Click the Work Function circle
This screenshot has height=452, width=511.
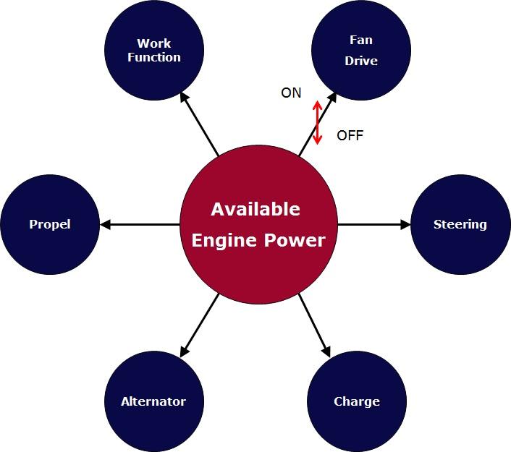tap(153, 51)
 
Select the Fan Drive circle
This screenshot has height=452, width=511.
tap(360, 51)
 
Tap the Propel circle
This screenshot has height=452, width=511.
tap(49, 224)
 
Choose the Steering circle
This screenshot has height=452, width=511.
tap(460, 224)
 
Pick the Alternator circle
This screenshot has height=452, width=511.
tap(153, 401)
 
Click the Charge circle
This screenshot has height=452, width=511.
tap(356, 401)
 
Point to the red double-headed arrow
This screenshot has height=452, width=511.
tap(316, 121)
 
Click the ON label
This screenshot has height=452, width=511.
tap(291, 93)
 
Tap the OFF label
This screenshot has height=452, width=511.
tap(350, 135)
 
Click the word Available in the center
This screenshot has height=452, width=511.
tap(255, 210)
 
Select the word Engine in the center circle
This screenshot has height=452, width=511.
tap(224, 240)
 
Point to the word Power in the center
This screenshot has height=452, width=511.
tap(295, 240)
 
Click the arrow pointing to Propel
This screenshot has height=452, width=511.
tap(140, 225)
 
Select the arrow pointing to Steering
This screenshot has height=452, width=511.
tap(373, 225)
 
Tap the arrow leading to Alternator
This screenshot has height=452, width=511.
tap(199, 325)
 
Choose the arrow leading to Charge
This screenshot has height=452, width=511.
tap(314, 325)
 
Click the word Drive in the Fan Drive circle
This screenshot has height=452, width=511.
tap(361, 61)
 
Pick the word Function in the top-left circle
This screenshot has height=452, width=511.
tap(154, 57)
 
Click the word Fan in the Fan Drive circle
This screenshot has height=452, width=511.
tap(361, 40)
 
